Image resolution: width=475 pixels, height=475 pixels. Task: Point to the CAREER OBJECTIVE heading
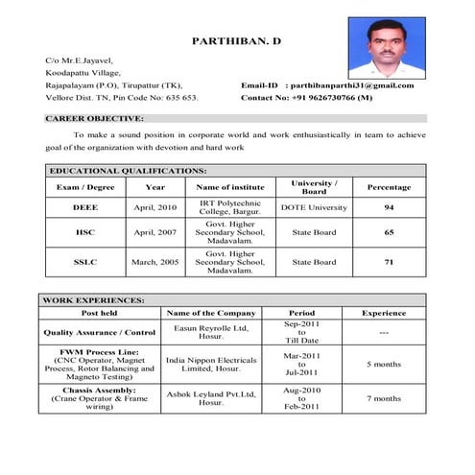coord(94,118)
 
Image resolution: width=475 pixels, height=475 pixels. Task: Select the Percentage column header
coord(389,187)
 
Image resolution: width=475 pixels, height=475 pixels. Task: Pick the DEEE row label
coord(85,207)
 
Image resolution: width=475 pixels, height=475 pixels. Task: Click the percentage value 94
coord(389,207)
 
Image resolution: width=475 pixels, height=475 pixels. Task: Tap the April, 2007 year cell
coord(155,232)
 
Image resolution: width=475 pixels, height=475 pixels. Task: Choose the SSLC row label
coord(85,261)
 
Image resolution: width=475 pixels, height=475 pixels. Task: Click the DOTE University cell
coord(314,207)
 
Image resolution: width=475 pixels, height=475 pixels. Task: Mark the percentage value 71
coord(389,261)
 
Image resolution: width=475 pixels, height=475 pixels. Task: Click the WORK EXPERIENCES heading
coord(93,299)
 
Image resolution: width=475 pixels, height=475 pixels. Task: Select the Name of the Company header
coord(211,313)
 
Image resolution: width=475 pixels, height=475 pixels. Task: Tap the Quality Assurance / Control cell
coord(100,333)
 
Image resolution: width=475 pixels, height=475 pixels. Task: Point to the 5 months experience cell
coord(384,365)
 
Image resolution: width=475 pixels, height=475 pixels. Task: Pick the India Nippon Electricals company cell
coord(211,365)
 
